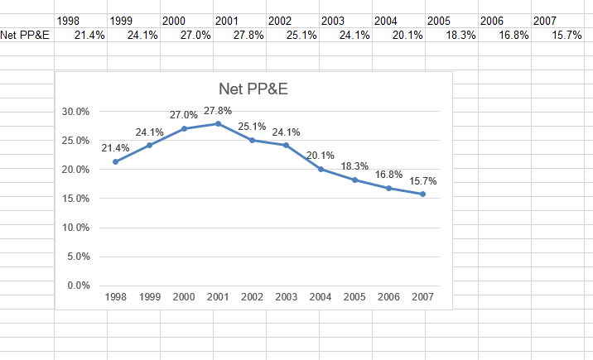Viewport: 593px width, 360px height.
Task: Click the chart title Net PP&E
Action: pyautogui.click(x=252, y=89)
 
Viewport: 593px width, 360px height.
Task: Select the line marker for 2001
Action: pyautogui.click(x=218, y=123)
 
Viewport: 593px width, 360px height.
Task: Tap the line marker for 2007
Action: pyautogui.click(x=422, y=194)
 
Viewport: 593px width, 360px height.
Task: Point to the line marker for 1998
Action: pyautogui.click(x=116, y=161)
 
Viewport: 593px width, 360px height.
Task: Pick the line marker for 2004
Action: pyautogui.click(x=321, y=169)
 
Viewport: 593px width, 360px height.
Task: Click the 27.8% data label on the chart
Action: pyautogui.click(x=218, y=111)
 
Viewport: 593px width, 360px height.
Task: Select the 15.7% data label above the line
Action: pyautogui.click(x=422, y=181)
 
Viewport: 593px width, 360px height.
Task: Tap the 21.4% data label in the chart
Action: pyautogui.click(x=116, y=148)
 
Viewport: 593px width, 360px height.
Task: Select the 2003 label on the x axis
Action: pyautogui.click(x=286, y=296)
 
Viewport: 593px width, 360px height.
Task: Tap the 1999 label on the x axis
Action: pyautogui.click(x=150, y=296)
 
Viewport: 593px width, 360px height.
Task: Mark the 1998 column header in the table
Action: pyautogui.click(x=68, y=20)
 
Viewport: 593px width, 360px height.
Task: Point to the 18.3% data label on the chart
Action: pyautogui.click(x=354, y=166)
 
